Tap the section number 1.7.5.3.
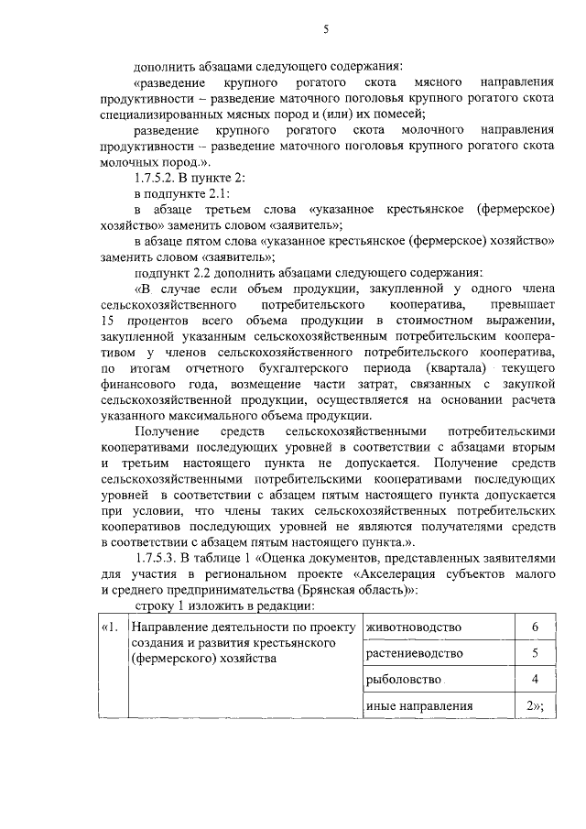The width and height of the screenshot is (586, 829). pos(158,558)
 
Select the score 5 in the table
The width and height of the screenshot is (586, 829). pos(534,653)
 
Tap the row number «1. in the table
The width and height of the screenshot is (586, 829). pos(110,627)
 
